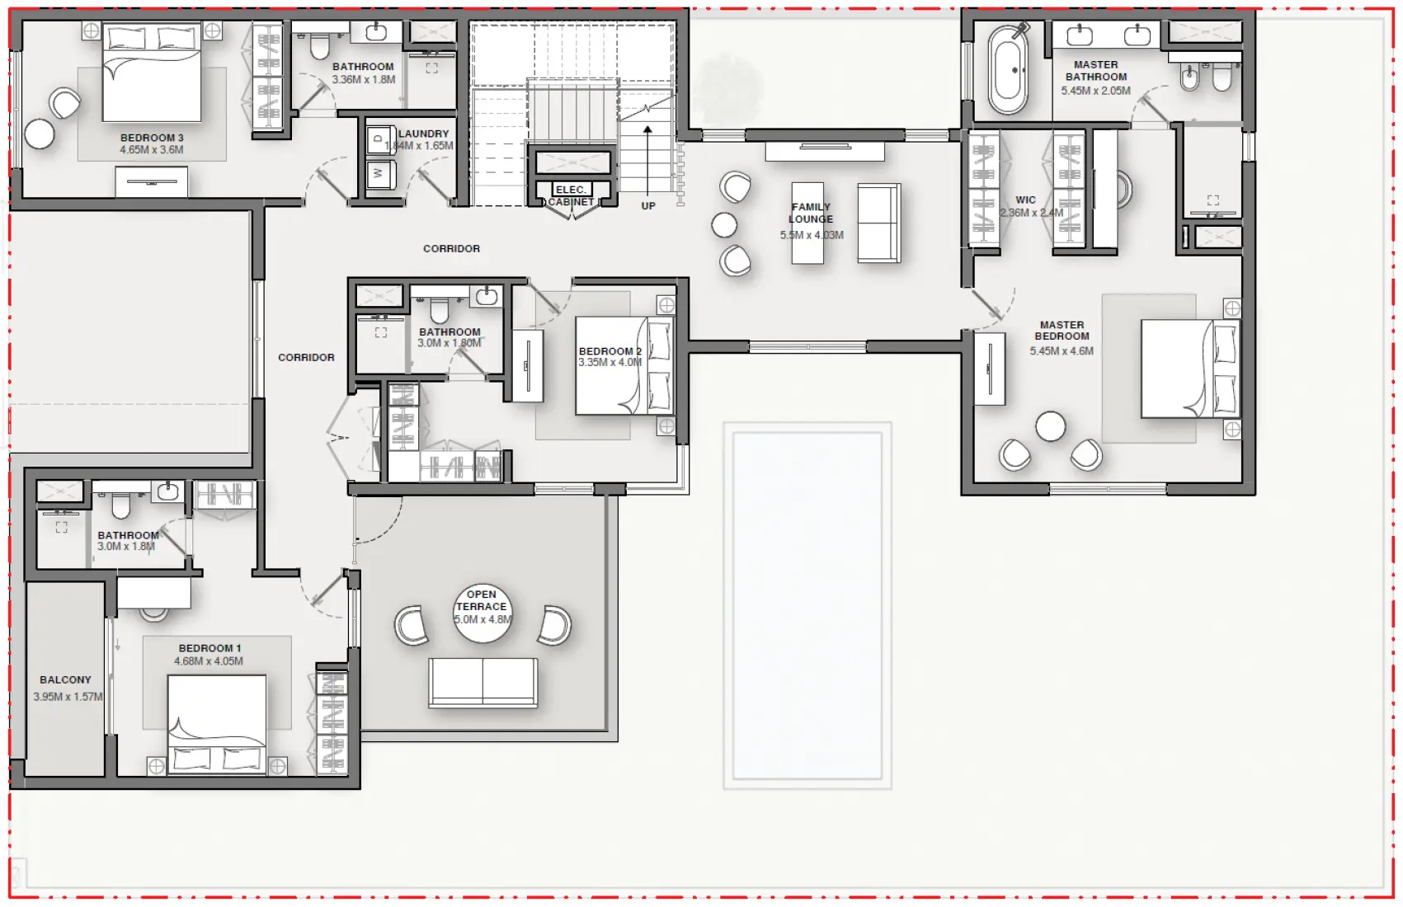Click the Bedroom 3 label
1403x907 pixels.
pos(152,138)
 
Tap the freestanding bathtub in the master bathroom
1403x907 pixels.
pos(1008,71)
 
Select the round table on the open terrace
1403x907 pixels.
pos(483,613)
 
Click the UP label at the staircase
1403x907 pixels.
pos(648,206)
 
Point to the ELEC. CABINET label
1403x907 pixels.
pos(571,195)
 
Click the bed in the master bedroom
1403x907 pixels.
pos(1189,369)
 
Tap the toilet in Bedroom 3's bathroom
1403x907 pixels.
pos(319,46)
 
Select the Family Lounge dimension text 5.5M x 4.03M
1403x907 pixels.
pos(812,235)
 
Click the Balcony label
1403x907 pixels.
pos(65,680)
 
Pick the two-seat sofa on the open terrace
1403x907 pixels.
pos(483,682)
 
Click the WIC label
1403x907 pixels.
pos(1025,200)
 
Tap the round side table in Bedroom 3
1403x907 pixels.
pos(39,134)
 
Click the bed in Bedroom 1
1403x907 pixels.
pos(217,721)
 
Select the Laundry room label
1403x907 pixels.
pos(424,134)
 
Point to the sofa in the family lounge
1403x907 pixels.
pos(878,223)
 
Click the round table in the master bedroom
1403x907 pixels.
pos(1050,426)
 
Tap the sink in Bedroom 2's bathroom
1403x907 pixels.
pos(487,296)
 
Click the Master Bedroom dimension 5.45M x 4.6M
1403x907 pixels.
pos(1062,351)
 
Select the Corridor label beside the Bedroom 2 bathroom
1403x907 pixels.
pos(306,357)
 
